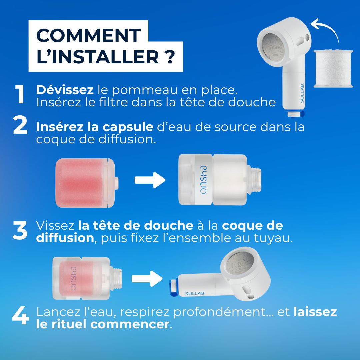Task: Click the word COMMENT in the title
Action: [88, 35]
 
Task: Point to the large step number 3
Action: [20, 230]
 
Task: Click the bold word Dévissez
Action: [65, 90]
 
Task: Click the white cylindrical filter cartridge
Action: [333, 69]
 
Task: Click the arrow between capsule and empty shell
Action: [150, 181]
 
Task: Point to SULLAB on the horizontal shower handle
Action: [194, 293]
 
